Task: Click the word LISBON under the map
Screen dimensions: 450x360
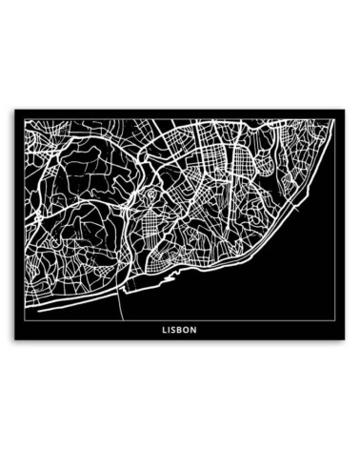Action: click(x=180, y=332)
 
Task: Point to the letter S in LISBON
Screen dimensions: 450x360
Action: click(x=176, y=332)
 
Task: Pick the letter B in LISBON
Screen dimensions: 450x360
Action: click(x=182, y=332)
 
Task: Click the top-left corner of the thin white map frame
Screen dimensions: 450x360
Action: click(x=25, y=119)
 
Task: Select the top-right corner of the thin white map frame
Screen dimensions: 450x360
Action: click(x=335, y=119)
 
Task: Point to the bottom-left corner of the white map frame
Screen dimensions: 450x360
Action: click(x=25, y=320)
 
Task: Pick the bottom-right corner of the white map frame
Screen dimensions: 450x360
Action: click(x=335, y=320)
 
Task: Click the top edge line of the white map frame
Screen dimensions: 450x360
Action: click(x=180, y=119)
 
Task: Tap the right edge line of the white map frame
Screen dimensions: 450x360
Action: click(x=335, y=219)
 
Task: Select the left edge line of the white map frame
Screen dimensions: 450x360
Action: click(x=25, y=219)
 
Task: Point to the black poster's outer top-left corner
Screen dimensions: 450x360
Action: click(x=14, y=109)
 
